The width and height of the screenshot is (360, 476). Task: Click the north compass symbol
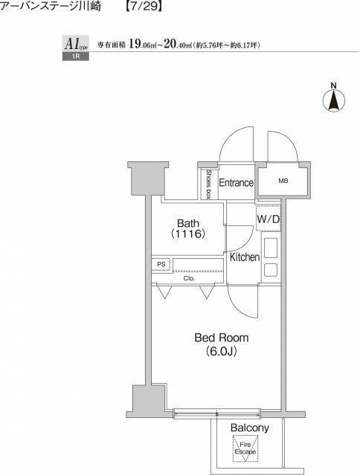pyautogui.click(x=333, y=97)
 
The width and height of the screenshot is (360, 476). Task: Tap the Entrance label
pyautogui.click(x=236, y=182)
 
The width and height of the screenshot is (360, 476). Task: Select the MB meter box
pyautogui.click(x=283, y=181)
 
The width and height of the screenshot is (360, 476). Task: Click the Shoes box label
pyautogui.click(x=208, y=184)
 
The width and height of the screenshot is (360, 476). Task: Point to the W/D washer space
pyautogui.click(x=269, y=219)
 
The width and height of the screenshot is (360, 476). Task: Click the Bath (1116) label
pyautogui.click(x=188, y=228)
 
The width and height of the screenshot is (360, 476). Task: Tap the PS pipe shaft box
pyautogui.click(x=161, y=264)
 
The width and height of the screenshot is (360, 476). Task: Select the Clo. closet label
pyautogui.click(x=189, y=278)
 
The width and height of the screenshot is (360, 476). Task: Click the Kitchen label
pyautogui.click(x=245, y=257)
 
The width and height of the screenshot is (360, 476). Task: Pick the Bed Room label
pyautogui.click(x=222, y=338)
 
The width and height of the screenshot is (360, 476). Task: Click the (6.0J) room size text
pyautogui.click(x=222, y=352)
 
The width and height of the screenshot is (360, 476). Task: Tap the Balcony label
pyautogui.click(x=249, y=428)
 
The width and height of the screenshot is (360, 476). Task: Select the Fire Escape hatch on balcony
pyautogui.click(x=245, y=448)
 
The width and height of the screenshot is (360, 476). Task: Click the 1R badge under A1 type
pyautogui.click(x=76, y=57)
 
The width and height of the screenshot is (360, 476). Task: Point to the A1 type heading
pyautogui.click(x=76, y=44)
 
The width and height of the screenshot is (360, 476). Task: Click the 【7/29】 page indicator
pyautogui.click(x=143, y=6)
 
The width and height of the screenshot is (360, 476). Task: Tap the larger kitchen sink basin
pyautogui.click(x=271, y=248)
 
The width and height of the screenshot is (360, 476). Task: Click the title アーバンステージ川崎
pyautogui.click(x=51, y=6)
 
